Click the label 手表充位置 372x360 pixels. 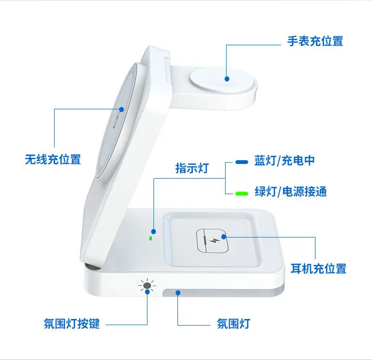click(315, 41)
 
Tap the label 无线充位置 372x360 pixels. click(53, 159)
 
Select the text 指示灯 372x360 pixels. click(192, 168)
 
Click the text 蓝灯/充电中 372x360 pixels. click(284, 161)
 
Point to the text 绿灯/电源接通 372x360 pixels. click(291, 191)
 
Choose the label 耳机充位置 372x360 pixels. click(318, 269)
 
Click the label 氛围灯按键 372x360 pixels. click(72, 323)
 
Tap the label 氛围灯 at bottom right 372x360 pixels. click(234, 323)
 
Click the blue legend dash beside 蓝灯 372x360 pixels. click(242, 162)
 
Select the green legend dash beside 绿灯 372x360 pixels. click(242, 194)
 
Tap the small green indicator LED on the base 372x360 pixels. click(150, 238)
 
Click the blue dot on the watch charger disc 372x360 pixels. click(227, 79)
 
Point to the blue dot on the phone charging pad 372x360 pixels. click(121, 109)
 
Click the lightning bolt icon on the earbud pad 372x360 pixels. click(213, 241)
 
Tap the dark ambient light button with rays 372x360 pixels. click(147, 285)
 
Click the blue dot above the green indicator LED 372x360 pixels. click(154, 231)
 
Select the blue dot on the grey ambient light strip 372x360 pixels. click(178, 293)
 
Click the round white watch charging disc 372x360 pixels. click(224, 81)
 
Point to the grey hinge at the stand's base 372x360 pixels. click(91, 266)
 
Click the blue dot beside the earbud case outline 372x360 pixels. click(224, 237)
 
